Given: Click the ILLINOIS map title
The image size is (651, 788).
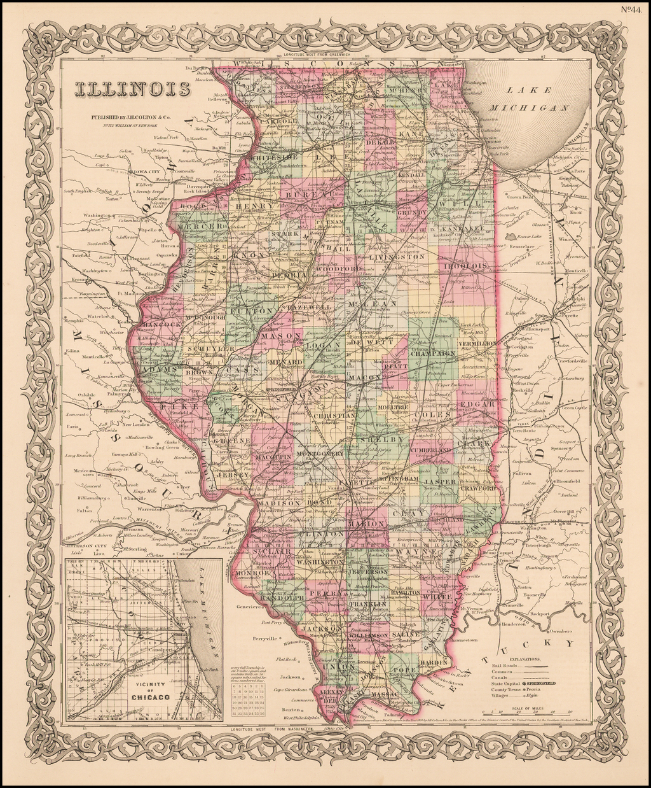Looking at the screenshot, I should pyautogui.click(x=132, y=89).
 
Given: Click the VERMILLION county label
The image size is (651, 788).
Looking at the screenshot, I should pyautogui.click(x=477, y=343).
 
